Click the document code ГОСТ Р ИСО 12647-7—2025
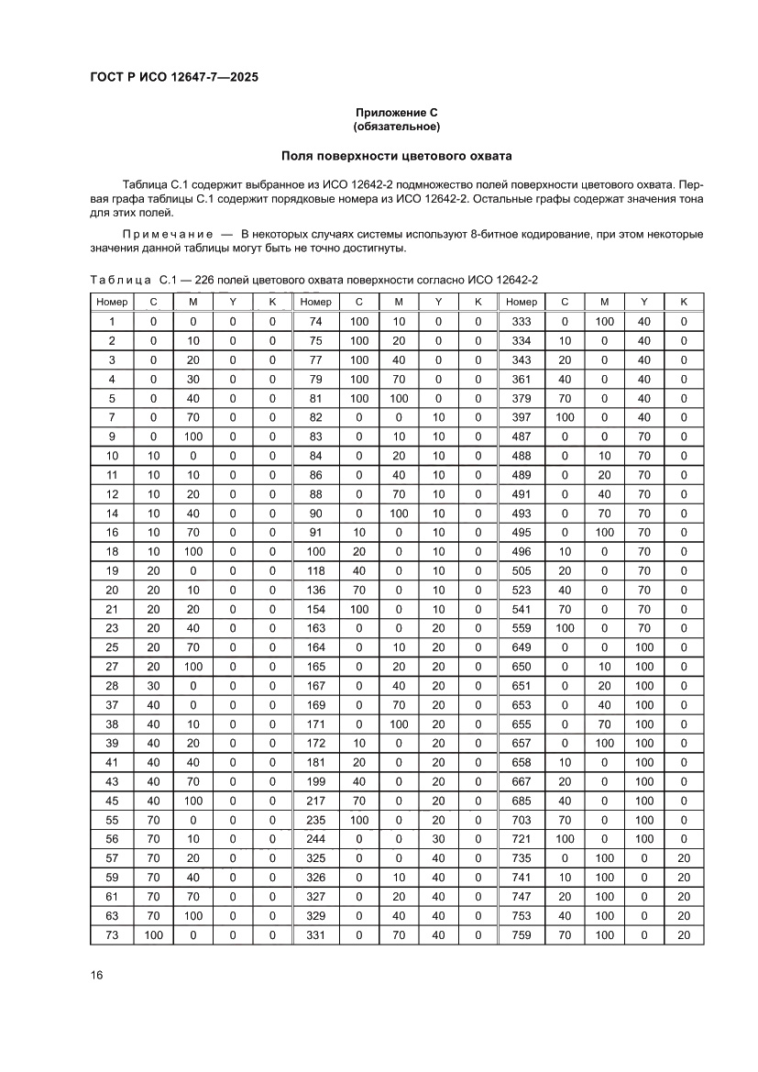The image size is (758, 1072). (173, 77)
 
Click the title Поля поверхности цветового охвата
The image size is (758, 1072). (397, 156)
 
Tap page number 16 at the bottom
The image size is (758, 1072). (96, 975)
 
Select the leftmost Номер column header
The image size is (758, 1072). (112, 302)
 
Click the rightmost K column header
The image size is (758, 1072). (683, 302)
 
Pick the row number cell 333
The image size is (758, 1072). (521, 321)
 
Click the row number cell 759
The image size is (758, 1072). (521, 935)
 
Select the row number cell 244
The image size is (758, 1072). (316, 839)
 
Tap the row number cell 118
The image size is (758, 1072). (316, 570)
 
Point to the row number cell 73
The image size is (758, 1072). (112, 935)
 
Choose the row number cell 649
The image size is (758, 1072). (521, 647)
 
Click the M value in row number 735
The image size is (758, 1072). (604, 858)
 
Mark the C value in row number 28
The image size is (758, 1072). (154, 686)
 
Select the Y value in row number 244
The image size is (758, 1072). (438, 839)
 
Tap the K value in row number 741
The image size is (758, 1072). (683, 878)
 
